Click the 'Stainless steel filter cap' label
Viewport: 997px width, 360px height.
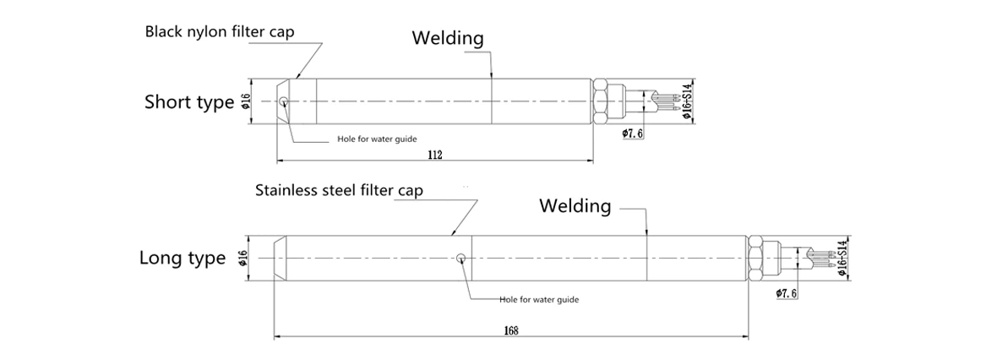pos(339,190)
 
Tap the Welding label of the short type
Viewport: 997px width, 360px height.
pos(448,38)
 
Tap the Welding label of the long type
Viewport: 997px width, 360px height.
pos(575,205)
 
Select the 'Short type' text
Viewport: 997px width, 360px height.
pos(188,103)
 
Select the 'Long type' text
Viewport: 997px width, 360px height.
pos(183,259)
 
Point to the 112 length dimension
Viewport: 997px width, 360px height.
pos(436,155)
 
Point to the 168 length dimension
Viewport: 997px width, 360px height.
pos(510,330)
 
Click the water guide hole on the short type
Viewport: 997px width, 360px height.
pos(284,103)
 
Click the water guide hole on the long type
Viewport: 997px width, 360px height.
pos(460,259)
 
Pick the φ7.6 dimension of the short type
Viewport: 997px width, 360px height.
pos(633,134)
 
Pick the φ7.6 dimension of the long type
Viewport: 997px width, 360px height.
pos(786,292)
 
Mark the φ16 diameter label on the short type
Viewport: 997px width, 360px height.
pos(246,102)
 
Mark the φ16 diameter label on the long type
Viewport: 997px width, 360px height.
pos(244,259)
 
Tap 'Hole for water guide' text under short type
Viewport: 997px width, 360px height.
pos(373,139)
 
